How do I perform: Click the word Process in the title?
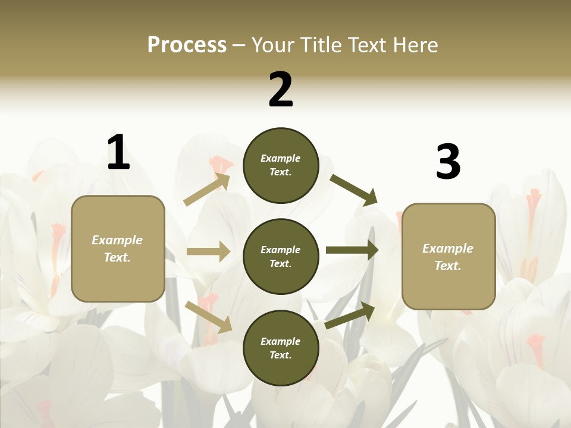187,45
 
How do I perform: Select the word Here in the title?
414,45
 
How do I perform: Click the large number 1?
118,152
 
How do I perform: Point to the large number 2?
281,89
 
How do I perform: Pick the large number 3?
448,162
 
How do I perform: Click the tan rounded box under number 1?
118,248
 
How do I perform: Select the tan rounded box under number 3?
448,257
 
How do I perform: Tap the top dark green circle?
281,165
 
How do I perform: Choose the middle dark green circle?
281,257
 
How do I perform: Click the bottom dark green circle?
281,348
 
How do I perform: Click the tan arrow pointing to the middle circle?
208,251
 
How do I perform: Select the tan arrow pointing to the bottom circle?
209,317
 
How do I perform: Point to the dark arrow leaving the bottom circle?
350,316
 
